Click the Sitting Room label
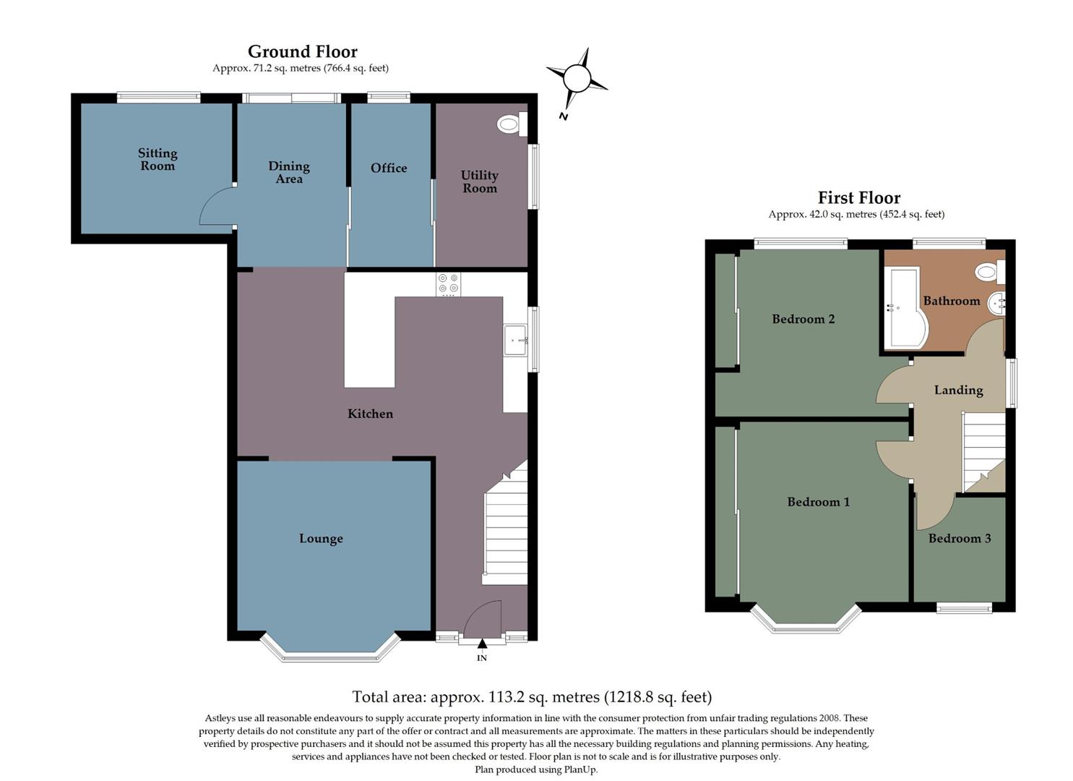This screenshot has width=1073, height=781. [158, 159]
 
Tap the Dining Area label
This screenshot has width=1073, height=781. [289, 172]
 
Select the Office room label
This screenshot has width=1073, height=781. [389, 168]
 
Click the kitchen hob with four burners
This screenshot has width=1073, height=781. [448, 284]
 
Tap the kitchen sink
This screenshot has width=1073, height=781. [516, 340]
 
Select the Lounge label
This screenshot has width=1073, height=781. [321, 539]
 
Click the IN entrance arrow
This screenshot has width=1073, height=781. [482, 644]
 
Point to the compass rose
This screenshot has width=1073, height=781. [577, 77]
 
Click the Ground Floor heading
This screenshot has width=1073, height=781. [302, 51]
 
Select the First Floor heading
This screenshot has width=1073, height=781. [858, 197]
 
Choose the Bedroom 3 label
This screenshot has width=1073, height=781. [960, 538]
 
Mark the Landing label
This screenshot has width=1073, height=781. [958, 390]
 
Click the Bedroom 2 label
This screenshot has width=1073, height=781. [803, 319]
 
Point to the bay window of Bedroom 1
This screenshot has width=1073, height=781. [806, 620]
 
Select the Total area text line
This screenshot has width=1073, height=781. [532, 696]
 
